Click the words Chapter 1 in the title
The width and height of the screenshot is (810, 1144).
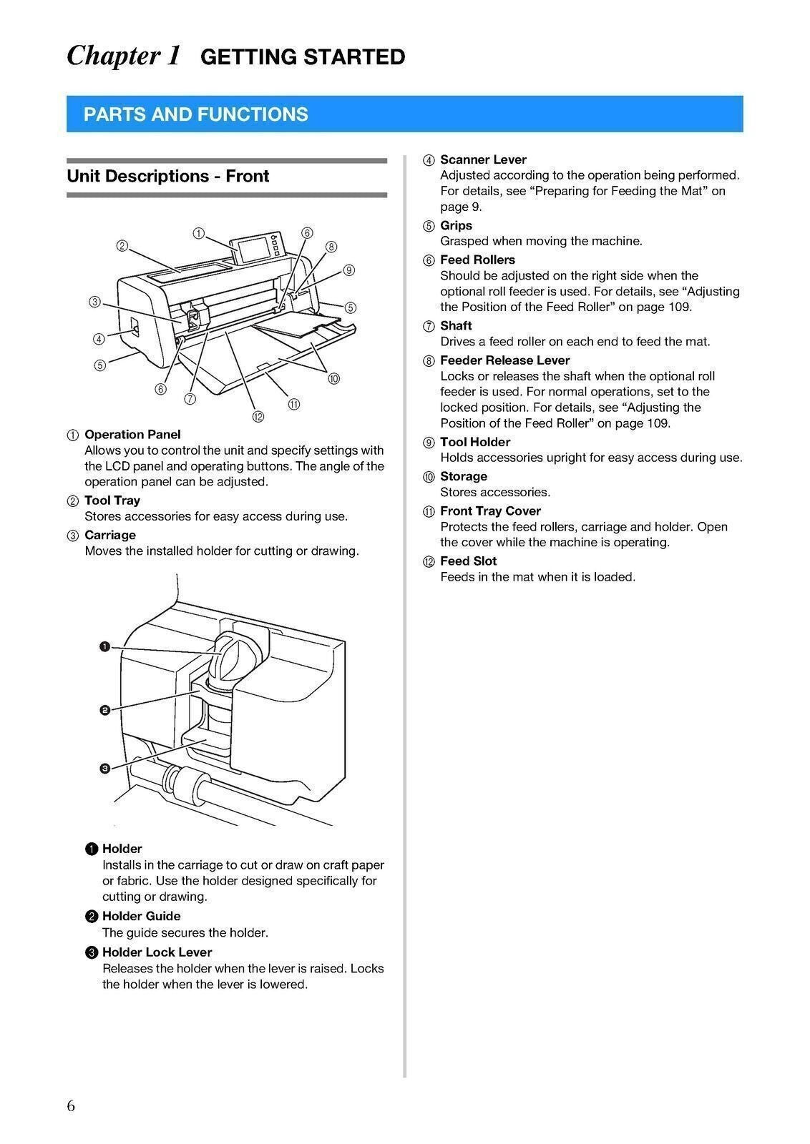click(123, 56)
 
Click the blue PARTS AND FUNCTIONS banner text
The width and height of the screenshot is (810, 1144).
click(195, 114)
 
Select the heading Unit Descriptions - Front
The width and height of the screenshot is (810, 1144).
click(167, 176)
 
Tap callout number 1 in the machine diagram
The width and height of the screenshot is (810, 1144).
click(199, 233)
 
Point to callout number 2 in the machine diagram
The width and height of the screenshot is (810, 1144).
click(122, 246)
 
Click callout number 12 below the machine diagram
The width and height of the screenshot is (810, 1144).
click(258, 417)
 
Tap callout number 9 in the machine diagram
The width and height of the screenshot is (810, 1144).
click(348, 270)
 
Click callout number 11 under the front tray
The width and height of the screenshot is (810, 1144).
click(293, 405)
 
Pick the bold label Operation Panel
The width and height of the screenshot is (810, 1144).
click(132, 434)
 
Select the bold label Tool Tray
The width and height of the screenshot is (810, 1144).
click(112, 500)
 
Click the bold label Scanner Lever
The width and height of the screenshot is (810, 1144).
click(483, 159)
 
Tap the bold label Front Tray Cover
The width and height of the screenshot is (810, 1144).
click(490, 511)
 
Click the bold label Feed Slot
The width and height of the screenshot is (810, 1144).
click(468, 561)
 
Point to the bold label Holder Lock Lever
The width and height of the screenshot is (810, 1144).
click(157, 952)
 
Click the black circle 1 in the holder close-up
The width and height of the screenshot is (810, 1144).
click(104, 647)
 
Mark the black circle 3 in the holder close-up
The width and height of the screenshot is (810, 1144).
click(104, 769)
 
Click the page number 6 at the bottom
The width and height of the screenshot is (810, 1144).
click(71, 1106)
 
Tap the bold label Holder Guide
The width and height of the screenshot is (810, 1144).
click(141, 916)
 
